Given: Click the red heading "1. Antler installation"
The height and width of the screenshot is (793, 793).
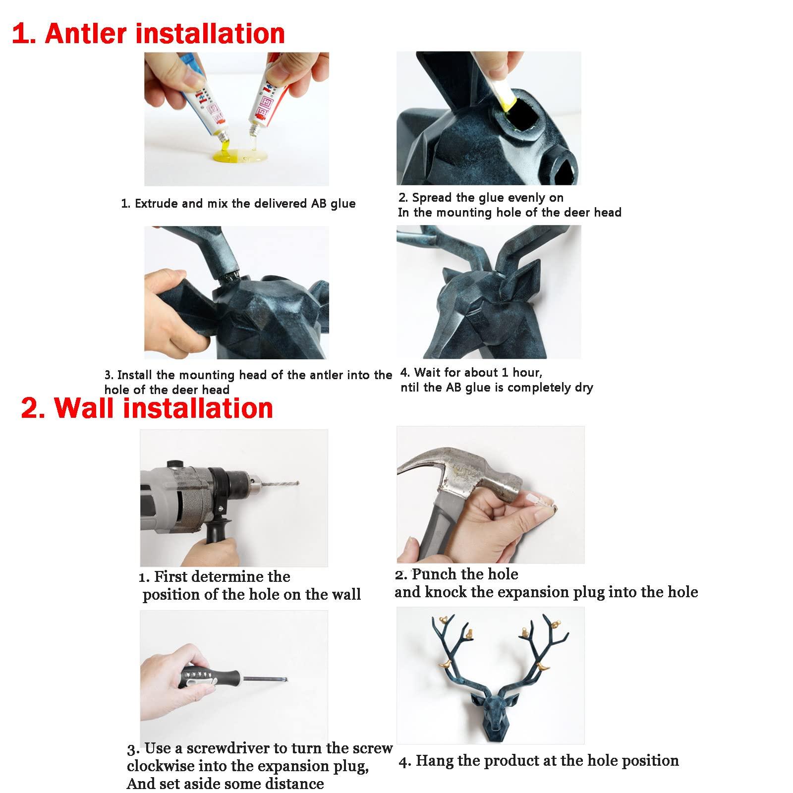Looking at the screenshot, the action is [x=148, y=34].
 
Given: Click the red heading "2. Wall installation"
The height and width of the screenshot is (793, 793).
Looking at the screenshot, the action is [x=147, y=408].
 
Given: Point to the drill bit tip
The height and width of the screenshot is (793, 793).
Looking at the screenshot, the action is [x=299, y=481].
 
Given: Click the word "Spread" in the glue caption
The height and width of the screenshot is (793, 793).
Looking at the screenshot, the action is [x=430, y=198].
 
